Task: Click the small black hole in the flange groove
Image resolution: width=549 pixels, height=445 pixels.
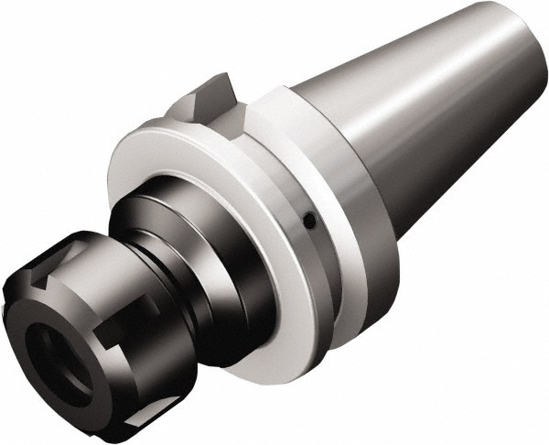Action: [309, 220]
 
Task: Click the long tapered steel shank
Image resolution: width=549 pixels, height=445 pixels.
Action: [430, 101]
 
